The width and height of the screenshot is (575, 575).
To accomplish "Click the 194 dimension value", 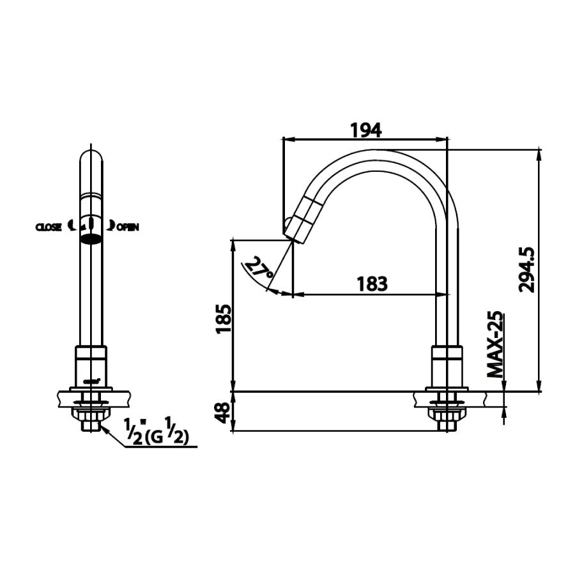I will click(x=366, y=130).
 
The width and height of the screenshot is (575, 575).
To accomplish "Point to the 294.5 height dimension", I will click(x=528, y=270).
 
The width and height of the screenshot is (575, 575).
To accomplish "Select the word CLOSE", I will click(x=49, y=227).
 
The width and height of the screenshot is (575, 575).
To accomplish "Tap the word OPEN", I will click(x=127, y=227).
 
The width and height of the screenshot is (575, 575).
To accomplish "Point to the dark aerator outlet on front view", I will click(x=90, y=240).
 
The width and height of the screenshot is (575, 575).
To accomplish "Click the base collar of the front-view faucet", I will click(x=90, y=364).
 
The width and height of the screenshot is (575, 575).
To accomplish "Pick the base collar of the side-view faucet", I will click(x=447, y=364).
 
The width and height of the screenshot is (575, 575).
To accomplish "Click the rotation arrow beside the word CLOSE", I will click(x=71, y=225).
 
